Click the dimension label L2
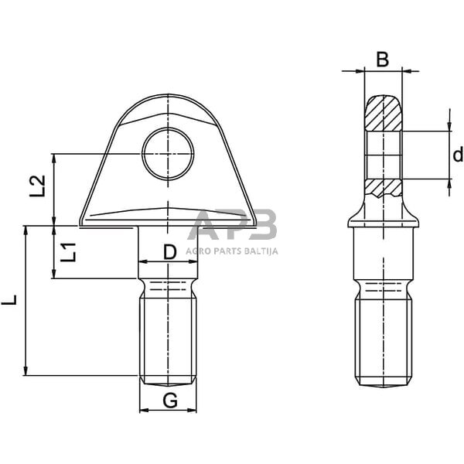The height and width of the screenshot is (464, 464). click(37, 186)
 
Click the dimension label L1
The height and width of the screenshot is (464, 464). click(68, 252)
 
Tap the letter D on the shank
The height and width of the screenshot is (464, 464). click(169, 251)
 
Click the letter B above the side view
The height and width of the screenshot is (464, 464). click(382, 58)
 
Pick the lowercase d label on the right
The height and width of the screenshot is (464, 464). click(457, 155)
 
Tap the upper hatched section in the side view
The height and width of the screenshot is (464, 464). click(383, 114)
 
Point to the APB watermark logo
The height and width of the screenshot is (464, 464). click(232, 227)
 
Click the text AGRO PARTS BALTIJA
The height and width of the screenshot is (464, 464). click(233, 251)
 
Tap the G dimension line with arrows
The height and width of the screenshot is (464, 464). click(168, 409)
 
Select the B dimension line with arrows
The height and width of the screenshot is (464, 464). click(383, 71)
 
